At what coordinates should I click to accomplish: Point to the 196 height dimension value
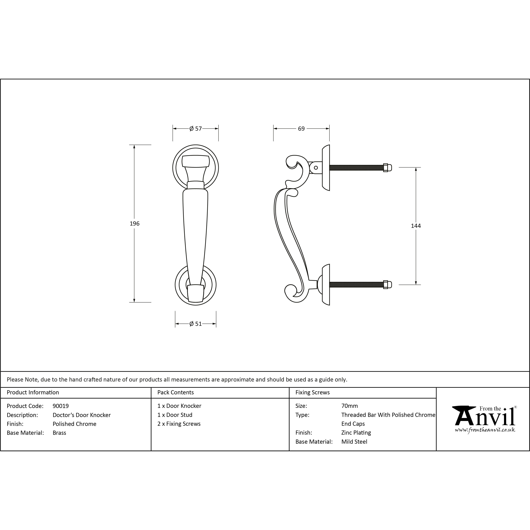(x=134, y=224)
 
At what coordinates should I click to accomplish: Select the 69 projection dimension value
(x=301, y=129)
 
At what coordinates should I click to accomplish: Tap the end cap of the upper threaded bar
(x=387, y=168)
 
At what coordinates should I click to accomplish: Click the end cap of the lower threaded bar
(x=387, y=285)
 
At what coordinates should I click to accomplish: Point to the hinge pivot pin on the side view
(x=316, y=168)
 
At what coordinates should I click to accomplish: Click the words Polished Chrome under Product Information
(x=74, y=424)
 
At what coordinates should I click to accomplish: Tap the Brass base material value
(x=59, y=433)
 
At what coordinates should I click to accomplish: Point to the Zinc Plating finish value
(x=356, y=433)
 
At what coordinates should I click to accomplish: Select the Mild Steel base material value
(x=354, y=442)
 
